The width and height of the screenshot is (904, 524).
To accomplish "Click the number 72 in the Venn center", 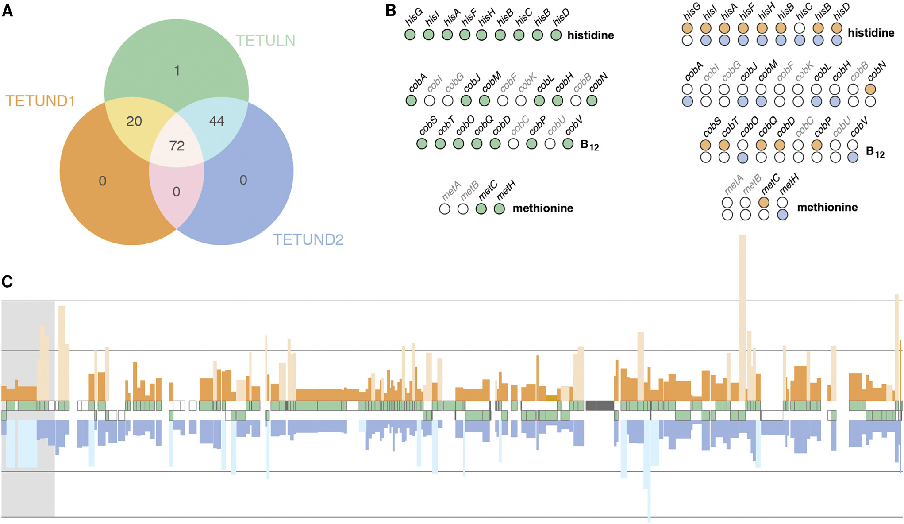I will click(177, 146).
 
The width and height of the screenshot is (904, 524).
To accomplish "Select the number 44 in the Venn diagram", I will click(216, 121).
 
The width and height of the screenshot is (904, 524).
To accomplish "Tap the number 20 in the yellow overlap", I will click(134, 121).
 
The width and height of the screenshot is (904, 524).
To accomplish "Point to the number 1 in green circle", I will click(177, 71).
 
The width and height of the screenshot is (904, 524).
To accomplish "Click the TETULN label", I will click(265, 41).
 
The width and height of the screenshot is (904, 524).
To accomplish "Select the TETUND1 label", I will click(40, 101).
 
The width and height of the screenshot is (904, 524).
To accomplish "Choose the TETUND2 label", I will click(308, 240).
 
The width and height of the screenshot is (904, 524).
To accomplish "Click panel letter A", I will click(8, 11).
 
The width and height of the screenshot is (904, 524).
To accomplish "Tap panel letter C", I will click(7, 281).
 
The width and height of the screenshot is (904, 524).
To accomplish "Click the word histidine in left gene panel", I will click(590, 35).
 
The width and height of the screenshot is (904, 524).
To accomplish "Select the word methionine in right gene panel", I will click(827, 207).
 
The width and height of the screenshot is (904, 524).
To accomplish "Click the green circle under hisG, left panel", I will click(410, 35).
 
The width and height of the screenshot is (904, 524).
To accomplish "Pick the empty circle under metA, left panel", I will click(445, 209).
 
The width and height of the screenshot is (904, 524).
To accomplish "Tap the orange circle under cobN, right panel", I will click(870, 89).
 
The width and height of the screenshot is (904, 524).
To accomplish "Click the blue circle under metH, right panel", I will click(782, 215).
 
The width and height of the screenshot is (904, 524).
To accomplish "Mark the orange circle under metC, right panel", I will click(764, 203).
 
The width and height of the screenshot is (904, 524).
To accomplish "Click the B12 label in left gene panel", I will click(589, 145).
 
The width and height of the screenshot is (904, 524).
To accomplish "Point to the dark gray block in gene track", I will click(600, 405).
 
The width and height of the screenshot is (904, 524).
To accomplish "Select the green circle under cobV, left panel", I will click(568, 144).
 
